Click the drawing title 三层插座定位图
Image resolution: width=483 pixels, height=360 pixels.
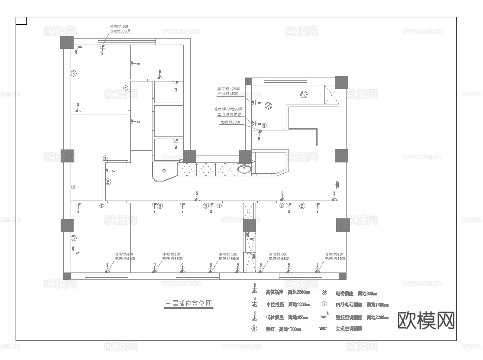(x=189, y=303)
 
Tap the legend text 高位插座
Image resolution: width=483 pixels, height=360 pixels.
(x=274, y=292)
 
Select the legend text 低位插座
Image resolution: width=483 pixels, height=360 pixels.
(x=274, y=317)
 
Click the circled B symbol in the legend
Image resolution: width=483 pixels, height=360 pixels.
(x=254, y=329)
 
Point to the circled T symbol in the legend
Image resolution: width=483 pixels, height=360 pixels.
(x=324, y=305)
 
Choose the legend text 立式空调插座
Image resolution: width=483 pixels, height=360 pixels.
(x=349, y=329)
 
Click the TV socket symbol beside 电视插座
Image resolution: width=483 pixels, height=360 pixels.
(x=324, y=292)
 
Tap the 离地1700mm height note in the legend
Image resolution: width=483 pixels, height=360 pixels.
(x=290, y=329)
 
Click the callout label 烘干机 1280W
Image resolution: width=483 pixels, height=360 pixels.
(x=227, y=88)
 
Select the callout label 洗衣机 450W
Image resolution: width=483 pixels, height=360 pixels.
(x=227, y=94)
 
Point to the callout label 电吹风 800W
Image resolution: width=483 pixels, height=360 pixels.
(x=230, y=123)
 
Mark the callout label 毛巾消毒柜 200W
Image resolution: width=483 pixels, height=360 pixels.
(x=227, y=109)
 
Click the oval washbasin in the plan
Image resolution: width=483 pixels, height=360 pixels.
(x=244, y=169)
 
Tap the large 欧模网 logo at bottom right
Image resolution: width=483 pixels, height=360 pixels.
(x=426, y=321)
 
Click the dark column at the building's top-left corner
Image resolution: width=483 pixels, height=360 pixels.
(x=66, y=42)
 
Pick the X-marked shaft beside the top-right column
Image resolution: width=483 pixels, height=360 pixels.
(x=331, y=95)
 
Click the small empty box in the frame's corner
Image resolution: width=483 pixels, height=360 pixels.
(x=21, y=21)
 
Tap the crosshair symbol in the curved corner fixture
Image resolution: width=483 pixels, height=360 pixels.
(x=164, y=170)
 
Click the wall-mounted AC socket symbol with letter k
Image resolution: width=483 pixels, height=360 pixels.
(x=324, y=316)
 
